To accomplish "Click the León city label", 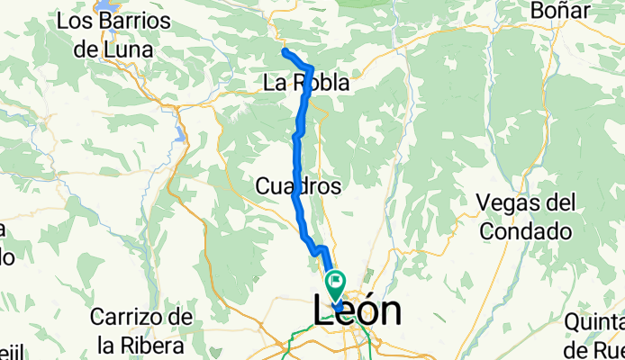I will tap(358, 310).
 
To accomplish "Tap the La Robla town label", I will tap(305, 84).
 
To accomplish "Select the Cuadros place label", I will tap(298, 186).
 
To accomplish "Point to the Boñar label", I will tap(560, 11).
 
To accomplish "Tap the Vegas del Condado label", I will tap(526, 216).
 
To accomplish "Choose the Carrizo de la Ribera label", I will tap(142, 330).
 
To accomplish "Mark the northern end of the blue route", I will tap(285, 51).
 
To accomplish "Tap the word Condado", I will tap(526, 231).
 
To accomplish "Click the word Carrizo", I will tap(141, 318).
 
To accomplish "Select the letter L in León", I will tap(326, 310).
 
